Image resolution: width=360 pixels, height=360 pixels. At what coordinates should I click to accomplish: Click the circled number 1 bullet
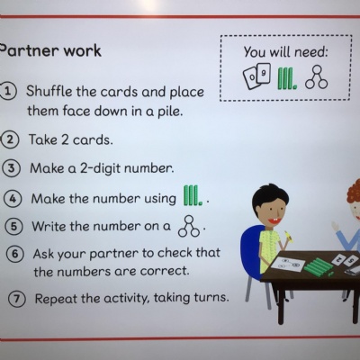[8, 92]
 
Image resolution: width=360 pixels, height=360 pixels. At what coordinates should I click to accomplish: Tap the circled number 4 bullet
[13, 199]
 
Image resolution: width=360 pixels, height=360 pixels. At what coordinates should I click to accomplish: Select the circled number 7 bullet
[16, 299]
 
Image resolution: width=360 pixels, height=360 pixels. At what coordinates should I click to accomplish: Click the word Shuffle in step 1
[49, 91]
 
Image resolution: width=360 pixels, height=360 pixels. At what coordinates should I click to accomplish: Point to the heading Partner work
[50, 50]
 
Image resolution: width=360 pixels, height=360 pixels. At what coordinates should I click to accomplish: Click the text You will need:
[285, 52]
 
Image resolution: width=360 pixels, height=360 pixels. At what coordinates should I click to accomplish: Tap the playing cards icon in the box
[256, 76]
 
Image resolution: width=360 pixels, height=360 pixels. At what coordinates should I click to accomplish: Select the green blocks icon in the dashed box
[287, 78]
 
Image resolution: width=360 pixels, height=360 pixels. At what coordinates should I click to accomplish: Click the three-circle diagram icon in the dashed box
[316, 77]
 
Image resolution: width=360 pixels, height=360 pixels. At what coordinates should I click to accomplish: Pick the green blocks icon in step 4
[193, 195]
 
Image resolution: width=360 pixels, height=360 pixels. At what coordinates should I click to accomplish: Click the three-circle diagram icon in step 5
[189, 227]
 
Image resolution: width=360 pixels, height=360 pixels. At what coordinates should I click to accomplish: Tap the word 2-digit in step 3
[101, 168]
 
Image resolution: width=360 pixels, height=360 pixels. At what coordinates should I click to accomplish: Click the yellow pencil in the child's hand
[289, 236]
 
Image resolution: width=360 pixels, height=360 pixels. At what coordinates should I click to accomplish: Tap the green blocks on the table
[318, 267]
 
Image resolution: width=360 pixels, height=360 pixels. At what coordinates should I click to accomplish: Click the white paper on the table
[287, 265]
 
